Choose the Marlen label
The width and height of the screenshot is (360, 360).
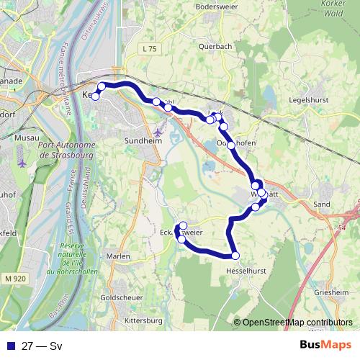117,256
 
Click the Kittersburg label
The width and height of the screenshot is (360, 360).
144,320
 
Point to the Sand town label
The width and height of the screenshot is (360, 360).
322,204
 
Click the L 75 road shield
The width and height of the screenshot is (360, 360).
150,48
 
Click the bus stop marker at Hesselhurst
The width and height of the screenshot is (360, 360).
235,255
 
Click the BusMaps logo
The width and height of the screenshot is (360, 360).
325,345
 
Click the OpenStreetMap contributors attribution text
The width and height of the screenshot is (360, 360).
297,323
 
